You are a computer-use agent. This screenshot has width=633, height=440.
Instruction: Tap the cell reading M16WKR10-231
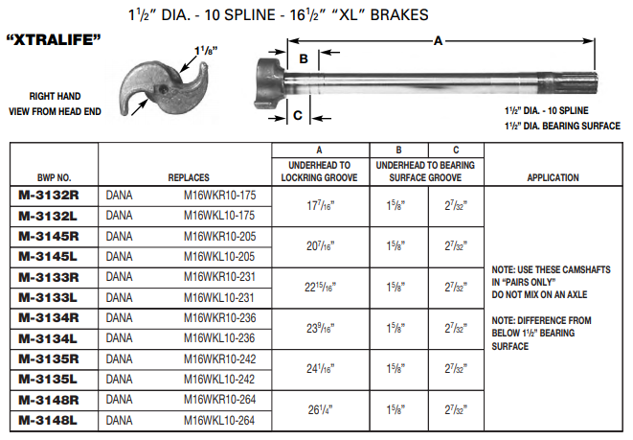point(220,276)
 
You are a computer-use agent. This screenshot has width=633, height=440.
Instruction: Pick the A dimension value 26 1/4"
point(320,410)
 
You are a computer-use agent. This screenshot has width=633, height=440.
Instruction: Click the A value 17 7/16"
point(320,203)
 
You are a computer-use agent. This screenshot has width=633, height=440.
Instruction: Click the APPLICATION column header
point(553,177)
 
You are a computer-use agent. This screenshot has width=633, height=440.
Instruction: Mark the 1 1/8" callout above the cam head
point(204,48)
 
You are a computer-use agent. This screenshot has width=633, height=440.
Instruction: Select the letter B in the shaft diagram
point(302,58)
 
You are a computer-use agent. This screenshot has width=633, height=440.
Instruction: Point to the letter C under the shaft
point(298,115)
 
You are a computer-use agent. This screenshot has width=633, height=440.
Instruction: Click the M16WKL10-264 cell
point(220,420)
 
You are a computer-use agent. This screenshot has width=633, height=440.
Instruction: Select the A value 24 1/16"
point(320,369)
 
